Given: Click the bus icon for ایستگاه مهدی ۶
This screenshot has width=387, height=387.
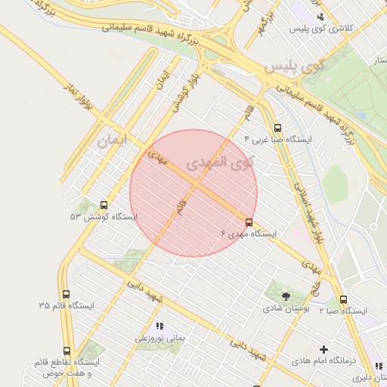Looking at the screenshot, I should (249, 221).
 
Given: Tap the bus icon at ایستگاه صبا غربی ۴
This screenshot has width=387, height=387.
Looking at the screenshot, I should (277, 128).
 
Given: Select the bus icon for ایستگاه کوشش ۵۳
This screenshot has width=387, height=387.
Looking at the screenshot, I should (104, 204).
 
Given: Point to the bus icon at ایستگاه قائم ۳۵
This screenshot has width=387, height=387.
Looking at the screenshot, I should (67, 294).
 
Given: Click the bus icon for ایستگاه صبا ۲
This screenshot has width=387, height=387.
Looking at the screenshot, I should (344, 299).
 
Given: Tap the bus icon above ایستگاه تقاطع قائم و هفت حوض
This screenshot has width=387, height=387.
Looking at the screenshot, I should (67, 351).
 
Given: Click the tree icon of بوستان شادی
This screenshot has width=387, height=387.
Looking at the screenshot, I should (286, 296).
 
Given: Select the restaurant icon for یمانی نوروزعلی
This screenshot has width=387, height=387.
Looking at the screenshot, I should (159, 326).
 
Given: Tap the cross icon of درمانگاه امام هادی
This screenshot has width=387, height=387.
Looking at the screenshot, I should (324, 349).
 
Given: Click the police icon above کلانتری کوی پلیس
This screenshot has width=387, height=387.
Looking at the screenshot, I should (321, 17).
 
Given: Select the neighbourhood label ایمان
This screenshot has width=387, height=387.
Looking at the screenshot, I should (113, 141).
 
